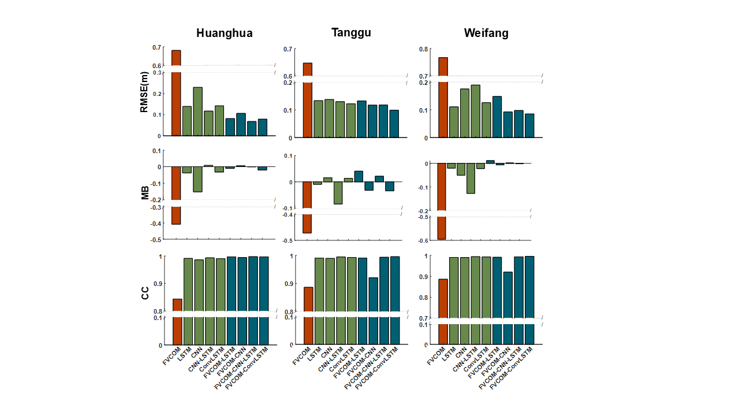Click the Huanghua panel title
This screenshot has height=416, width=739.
point(224,33)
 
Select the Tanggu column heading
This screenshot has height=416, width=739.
point(351,32)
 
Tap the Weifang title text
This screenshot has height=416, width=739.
point(486,33)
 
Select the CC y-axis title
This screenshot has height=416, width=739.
point(145,293)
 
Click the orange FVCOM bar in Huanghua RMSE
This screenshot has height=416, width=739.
point(176,92)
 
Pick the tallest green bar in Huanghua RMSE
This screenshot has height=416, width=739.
point(197,112)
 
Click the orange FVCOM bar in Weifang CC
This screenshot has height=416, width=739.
point(443,312)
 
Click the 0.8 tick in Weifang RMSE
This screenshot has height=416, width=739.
point(424,49)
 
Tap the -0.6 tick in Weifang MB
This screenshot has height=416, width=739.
point(424,241)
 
